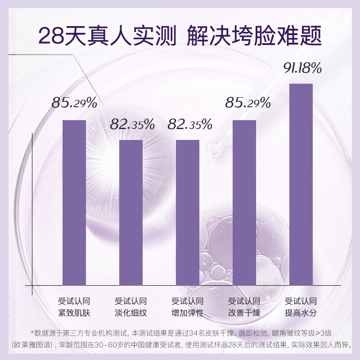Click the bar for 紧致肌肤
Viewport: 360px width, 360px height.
[x=74, y=202]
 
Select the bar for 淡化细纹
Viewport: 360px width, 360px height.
[x=131, y=212]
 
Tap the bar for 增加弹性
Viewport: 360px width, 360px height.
[x=188, y=212]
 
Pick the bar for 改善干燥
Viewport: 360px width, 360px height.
[x=244, y=202]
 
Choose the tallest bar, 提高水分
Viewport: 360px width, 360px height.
[x=301, y=184]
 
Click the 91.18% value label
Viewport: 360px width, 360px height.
[x=302, y=68]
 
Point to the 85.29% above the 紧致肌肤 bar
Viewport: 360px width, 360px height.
[x=74, y=103]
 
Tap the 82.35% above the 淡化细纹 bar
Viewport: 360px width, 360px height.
[x=132, y=125]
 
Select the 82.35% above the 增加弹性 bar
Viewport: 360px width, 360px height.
[x=189, y=125]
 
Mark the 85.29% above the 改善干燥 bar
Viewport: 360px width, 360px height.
[x=247, y=103]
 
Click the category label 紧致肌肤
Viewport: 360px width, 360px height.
[x=74, y=313]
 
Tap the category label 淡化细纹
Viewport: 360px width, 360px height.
[x=131, y=313]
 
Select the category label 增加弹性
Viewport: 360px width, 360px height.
[x=188, y=313]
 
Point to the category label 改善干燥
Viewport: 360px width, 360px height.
[x=244, y=313]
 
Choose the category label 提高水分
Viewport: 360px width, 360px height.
[x=301, y=313]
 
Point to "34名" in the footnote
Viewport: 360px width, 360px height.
[x=209, y=333]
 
